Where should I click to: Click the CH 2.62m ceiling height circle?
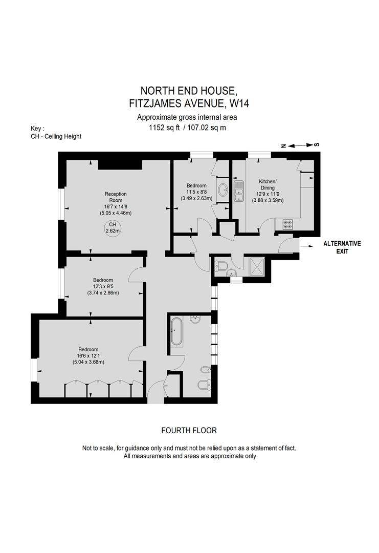113,228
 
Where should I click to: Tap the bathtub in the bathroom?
176,332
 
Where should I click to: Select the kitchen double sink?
238,190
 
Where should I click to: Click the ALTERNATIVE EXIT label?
342,247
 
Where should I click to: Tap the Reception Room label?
115,197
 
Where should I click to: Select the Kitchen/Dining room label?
267,185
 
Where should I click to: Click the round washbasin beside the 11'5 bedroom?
223,190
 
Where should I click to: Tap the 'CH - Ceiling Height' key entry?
56,136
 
